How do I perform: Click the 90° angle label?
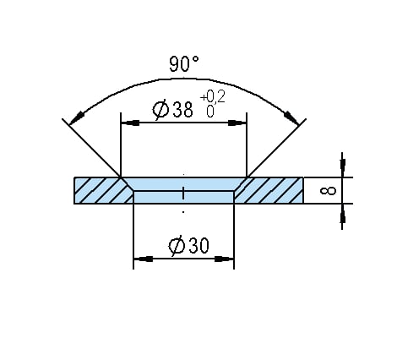[184, 64]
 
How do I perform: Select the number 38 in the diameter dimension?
[183, 110]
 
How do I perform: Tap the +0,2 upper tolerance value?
[213, 97]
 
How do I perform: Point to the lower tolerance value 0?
[210, 112]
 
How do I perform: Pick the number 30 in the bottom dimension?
[198, 245]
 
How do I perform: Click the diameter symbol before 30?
[177, 246]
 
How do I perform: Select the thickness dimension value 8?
[329, 191]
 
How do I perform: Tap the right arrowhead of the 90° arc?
[291, 118]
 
